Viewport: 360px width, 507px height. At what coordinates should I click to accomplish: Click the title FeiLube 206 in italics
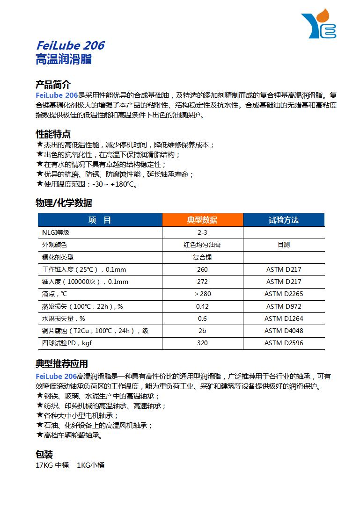click(70, 46)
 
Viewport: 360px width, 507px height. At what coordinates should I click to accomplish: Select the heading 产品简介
click(53, 85)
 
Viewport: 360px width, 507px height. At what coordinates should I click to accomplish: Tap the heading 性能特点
click(53, 134)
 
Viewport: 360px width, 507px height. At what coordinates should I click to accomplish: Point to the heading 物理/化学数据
click(64, 203)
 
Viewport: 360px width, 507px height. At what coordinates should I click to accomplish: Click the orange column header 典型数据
click(202, 220)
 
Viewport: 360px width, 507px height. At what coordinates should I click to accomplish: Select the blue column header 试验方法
click(283, 220)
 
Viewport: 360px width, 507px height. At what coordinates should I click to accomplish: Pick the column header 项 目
click(100, 220)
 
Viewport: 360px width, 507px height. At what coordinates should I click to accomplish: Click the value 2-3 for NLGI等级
click(202, 232)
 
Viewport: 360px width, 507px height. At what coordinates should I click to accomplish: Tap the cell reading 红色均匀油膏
click(202, 245)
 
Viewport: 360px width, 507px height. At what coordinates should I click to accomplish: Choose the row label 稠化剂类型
click(58, 257)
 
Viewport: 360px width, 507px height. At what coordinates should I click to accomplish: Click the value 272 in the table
click(202, 282)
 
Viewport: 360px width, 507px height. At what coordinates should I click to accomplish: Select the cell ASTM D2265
click(284, 294)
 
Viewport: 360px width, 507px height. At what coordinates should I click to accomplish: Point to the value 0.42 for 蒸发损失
click(202, 306)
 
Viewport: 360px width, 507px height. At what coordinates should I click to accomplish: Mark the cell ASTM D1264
click(284, 319)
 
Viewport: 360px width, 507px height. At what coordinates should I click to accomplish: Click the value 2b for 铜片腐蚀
click(202, 331)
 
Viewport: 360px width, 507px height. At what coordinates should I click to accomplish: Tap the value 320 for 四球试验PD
click(202, 343)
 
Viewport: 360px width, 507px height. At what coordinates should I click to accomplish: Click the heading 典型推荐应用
click(62, 364)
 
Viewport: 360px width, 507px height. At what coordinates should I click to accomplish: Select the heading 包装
click(44, 454)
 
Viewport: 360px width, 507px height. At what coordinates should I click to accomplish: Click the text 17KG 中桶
click(52, 465)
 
